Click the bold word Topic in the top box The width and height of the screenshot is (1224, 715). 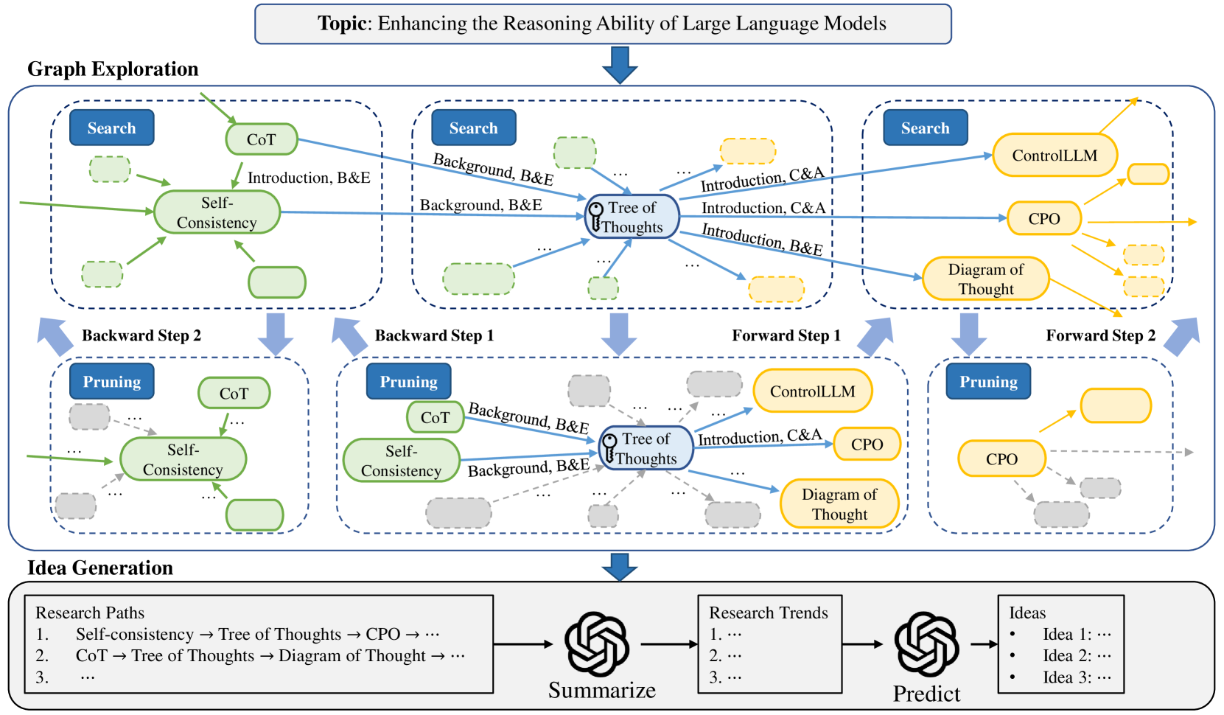pos(342,24)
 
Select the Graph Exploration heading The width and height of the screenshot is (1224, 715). pos(113,69)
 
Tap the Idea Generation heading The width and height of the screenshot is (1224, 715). pos(100,568)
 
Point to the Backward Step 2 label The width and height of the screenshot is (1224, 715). pos(141,336)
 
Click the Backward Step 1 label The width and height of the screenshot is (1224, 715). pos(434,336)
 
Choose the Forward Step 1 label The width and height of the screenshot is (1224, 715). pos(786,336)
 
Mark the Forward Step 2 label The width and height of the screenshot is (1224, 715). pos(1100,336)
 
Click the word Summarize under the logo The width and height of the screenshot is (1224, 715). pos(601,691)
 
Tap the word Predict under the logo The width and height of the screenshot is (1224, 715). pos(926,694)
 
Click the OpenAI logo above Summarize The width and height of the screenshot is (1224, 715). pos(597,643)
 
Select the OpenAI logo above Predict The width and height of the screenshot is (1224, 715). pos(926,643)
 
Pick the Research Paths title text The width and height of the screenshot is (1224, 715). pos(90,613)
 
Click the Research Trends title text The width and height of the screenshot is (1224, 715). pos(768,613)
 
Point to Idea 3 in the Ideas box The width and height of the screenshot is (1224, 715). pos(1076,677)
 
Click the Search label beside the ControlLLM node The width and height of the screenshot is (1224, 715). pos(925,128)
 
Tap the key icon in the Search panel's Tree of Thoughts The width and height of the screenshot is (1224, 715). pos(595,217)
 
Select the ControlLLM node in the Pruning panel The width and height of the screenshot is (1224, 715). pos(812,391)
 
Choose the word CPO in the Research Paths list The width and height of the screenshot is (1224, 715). pos(382,635)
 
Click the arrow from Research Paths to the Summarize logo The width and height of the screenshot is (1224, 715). pos(522,644)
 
